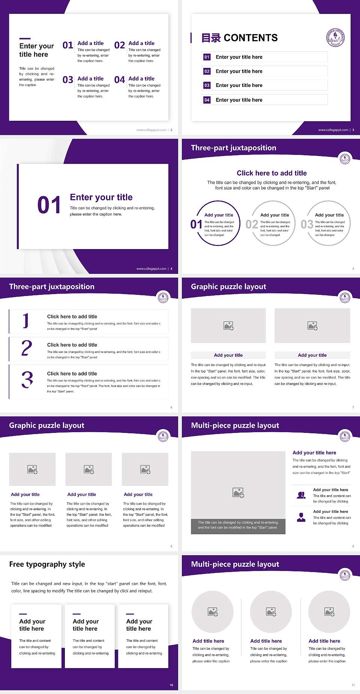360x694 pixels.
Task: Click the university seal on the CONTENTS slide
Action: click(x=335, y=38)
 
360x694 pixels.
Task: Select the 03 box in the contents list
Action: click(x=207, y=86)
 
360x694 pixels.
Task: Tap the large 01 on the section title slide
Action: click(x=49, y=205)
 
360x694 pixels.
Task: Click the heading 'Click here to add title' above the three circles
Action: click(x=271, y=173)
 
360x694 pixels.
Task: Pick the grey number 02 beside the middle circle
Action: click(x=252, y=224)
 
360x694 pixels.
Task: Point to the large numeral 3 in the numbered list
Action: click(x=27, y=380)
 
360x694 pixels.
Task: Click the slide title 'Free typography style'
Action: click(x=47, y=564)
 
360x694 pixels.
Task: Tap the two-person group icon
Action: click(x=301, y=495)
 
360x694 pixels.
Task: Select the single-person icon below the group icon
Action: click(x=301, y=517)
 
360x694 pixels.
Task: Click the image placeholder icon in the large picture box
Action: click(x=238, y=493)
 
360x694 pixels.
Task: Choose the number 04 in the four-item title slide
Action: click(x=120, y=80)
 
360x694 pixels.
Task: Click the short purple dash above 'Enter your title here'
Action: click(x=25, y=38)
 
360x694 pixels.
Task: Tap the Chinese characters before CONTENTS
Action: click(x=211, y=38)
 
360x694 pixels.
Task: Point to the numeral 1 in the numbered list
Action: click(x=26, y=321)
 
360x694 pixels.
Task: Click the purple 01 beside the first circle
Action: click(x=196, y=224)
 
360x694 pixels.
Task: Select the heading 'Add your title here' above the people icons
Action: click(x=314, y=453)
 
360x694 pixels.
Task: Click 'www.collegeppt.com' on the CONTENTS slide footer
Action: click(x=333, y=130)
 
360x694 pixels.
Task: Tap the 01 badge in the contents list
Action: click(x=207, y=57)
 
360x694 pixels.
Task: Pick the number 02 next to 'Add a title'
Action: click(x=120, y=45)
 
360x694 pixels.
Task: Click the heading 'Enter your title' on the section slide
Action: click(x=101, y=197)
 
